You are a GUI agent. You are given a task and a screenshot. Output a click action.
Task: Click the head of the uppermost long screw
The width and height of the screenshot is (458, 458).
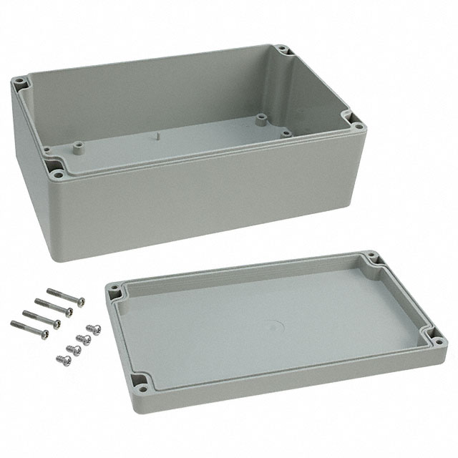click(81, 301)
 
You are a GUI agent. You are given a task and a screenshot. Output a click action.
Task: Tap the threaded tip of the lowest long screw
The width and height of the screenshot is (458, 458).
click(14, 324)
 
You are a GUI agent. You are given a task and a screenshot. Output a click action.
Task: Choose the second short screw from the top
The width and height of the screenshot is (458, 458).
click(84, 339)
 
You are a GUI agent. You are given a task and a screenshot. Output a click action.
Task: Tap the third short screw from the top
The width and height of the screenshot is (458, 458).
click(73, 351)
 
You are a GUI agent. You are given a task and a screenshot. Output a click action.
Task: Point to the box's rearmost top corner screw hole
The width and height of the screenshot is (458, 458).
click(283, 50)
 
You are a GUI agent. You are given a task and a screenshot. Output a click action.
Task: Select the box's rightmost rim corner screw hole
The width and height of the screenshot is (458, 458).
click(359, 127)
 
